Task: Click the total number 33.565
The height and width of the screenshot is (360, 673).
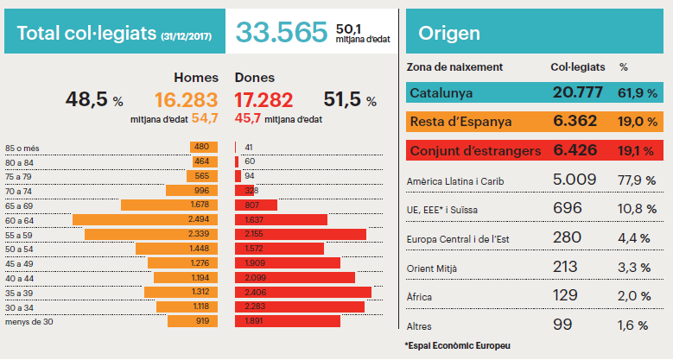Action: click(x=283, y=32)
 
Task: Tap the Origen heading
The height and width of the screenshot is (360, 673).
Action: click(x=449, y=33)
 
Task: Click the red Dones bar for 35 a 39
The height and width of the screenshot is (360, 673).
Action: click(x=302, y=293)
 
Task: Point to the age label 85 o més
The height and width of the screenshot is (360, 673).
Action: click(x=24, y=147)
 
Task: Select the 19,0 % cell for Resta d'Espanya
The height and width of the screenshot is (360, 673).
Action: click(x=636, y=122)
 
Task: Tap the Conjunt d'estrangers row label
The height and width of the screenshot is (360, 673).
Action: click(x=474, y=150)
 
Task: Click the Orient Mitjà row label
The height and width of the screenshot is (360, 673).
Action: click(x=433, y=267)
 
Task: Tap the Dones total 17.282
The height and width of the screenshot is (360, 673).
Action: click(x=263, y=100)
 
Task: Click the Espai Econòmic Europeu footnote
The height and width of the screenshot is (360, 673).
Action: click(x=457, y=344)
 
